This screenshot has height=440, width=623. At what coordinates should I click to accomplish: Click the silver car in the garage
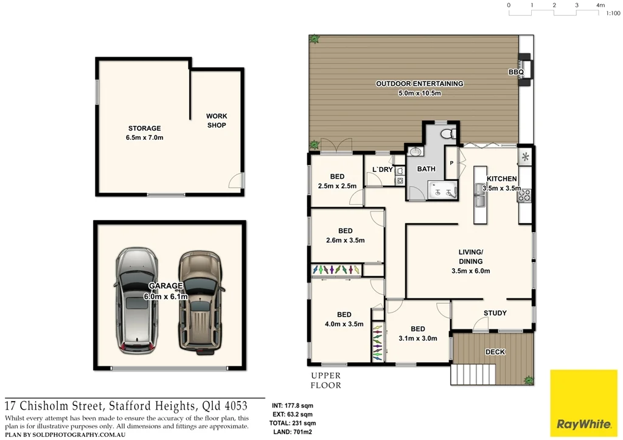pyautogui.click(x=137, y=301)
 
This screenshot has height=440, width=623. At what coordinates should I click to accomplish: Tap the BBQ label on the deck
pyautogui.click(x=516, y=72)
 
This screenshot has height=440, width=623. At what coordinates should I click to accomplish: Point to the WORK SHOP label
pyautogui.click(x=216, y=120)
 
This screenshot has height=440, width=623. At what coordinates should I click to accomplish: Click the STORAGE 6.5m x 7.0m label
pyautogui.click(x=144, y=133)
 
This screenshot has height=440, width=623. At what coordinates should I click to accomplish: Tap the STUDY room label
pyautogui.click(x=495, y=314)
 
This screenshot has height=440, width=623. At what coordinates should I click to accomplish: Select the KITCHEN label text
pyautogui.click(x=501, y=179)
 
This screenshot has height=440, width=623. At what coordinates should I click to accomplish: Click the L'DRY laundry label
pyautogui.click(x=382, y=170)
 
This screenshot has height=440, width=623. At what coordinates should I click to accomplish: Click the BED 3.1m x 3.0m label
pyautogui.click(x=417, y=334)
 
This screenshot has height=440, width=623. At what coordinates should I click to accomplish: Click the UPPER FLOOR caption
pyautogui.click(x=326, y=380)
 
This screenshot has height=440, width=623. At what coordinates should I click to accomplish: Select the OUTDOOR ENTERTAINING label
pyautogui.click(x=419, y=88)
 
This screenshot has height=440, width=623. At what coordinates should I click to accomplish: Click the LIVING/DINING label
pyautogui.click(x=470, y=261)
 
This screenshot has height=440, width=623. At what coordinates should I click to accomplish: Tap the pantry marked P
pyautogui.click(x=451, y=163)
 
